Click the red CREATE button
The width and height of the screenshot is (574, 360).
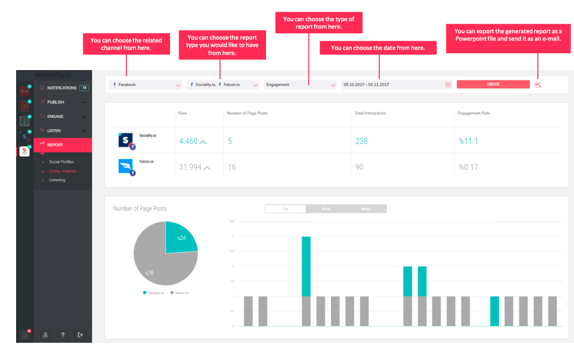tap(493, 84)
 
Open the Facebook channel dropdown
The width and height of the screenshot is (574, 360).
tap(145, 84)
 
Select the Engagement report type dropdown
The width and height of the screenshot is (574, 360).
tap(300, 84)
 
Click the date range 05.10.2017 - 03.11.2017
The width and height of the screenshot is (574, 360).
tap(366, 84)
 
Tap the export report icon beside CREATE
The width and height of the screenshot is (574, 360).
tap(538, 84)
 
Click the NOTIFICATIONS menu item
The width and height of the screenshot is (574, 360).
tap(62, 88)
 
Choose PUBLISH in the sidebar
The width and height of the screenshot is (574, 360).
tap(56, 102)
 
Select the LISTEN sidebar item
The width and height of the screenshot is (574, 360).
tap(54, 131)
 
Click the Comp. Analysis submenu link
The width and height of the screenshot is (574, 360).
tap(63, 171)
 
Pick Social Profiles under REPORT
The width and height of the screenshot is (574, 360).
tap(61, 162)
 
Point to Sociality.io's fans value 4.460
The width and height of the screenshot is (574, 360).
tap(189, 141)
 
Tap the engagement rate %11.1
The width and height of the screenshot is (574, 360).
tap(468, 141)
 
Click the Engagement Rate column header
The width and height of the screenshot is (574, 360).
tap(473, 113)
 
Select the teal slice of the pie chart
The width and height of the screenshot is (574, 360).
tap(179, 239)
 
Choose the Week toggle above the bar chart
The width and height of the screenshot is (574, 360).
tap(326, 209)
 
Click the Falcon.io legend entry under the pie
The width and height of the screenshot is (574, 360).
tap(182, 293)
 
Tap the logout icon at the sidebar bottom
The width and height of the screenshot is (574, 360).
tap(80, 335)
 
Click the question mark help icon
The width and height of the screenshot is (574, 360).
tap(63, 335)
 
